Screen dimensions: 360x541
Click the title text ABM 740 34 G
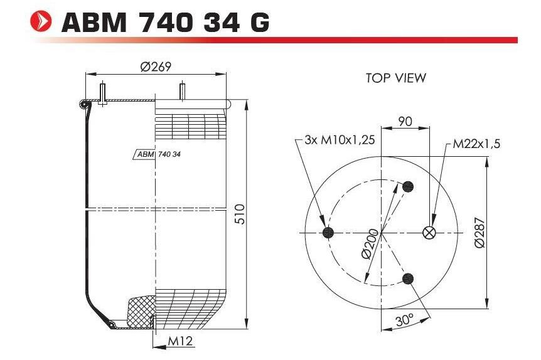166,23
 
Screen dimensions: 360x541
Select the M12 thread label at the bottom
179,342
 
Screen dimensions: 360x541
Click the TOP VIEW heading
395,78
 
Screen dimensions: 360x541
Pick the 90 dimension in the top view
405,121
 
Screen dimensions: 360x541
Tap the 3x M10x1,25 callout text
339,140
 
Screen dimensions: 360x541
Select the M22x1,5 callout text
476,144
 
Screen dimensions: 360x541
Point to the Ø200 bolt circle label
370,243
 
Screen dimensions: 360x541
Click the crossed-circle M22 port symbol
430,233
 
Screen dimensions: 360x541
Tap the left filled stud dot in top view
326,233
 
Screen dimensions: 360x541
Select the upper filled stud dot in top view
409,186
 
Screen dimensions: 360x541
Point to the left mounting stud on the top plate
101,92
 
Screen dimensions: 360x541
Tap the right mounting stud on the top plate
183,91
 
